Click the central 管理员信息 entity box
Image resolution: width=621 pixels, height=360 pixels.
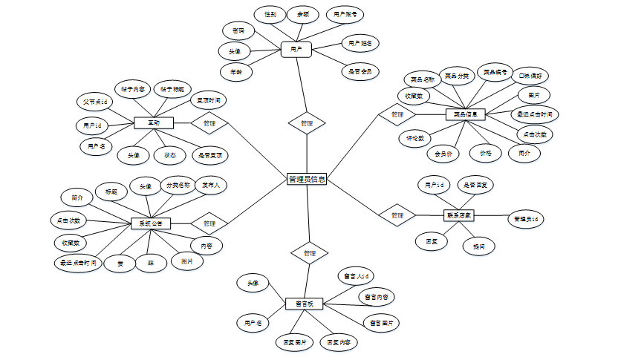click(x=307, y=179)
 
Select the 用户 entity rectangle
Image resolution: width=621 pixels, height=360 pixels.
click(x=296, y=50)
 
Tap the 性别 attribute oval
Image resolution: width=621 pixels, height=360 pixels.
click(x=270, y=14)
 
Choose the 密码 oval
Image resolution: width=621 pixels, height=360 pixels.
click(x=238, y=30)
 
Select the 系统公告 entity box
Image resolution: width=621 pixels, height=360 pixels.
click(x=151, y=223)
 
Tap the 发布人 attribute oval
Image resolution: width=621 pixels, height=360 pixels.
click(x=210, y=186)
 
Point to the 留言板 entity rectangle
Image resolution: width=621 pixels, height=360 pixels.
click(x=305, y=304)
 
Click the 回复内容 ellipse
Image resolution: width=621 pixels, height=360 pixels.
click(x=339, y=343)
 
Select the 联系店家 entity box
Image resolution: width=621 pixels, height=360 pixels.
click(x=460, y=215)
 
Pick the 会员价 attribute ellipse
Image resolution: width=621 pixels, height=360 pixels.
click(x=443, y=154)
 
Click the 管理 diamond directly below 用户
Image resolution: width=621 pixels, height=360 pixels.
click(x=307, y=123)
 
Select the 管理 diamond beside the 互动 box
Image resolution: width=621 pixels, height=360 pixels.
click(x=209, y=123)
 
